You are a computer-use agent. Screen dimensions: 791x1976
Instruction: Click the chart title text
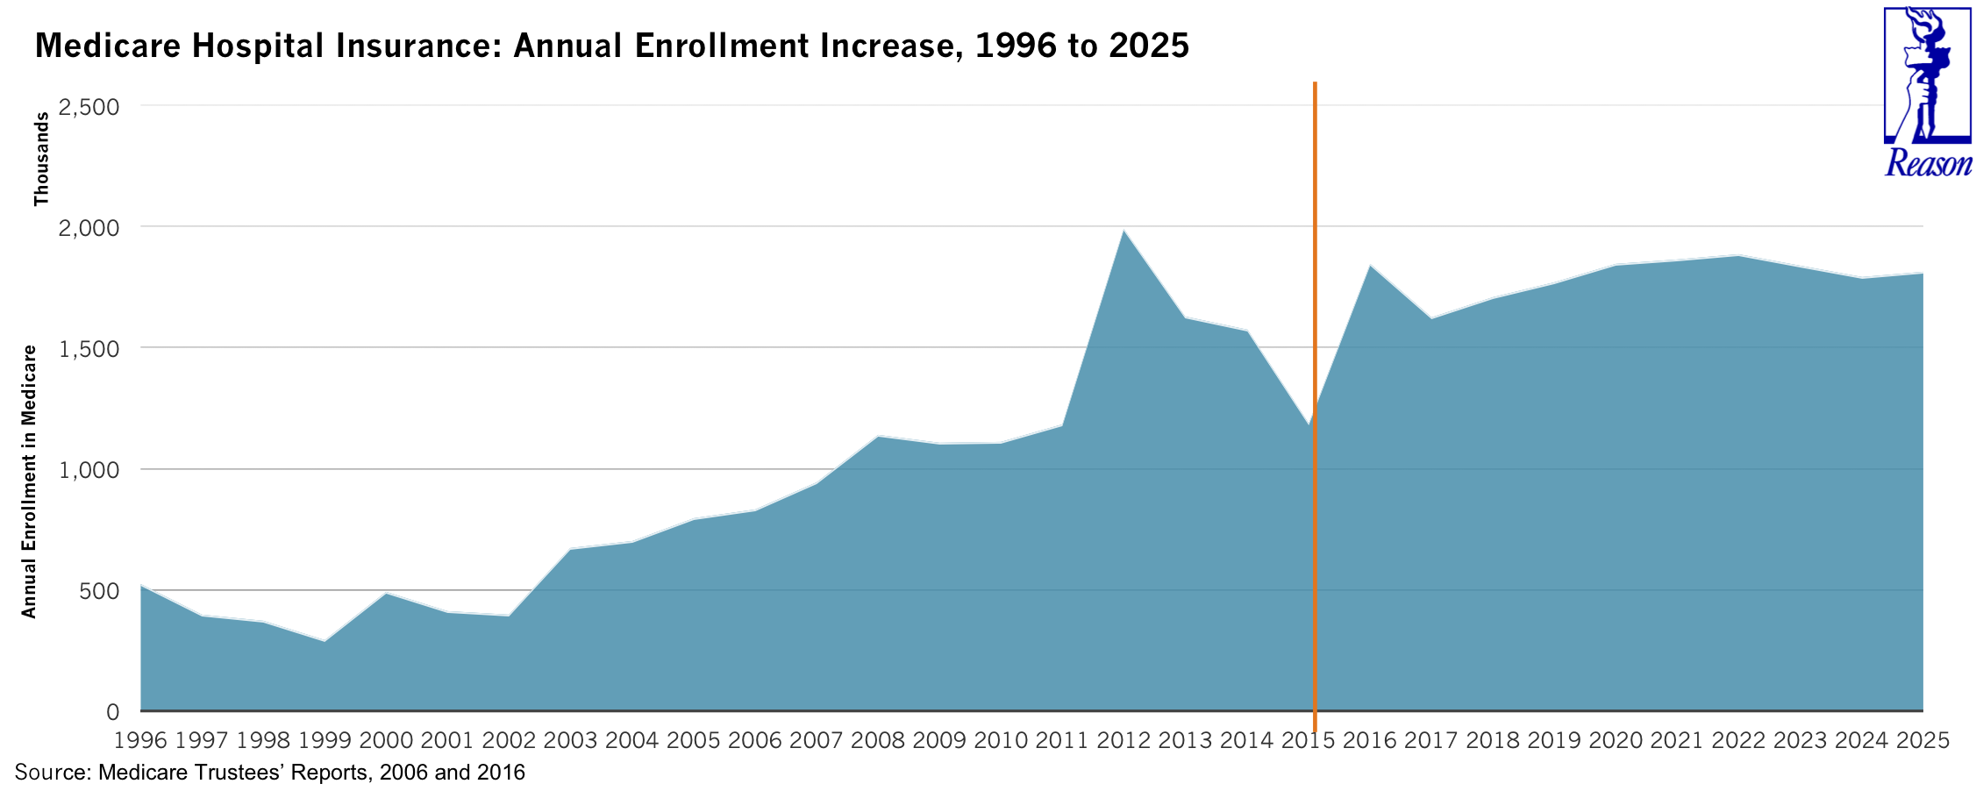(611, 46)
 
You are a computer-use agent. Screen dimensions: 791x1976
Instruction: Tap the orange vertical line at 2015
(1315, 263)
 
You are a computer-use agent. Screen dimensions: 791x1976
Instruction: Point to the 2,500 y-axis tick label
(88, 107)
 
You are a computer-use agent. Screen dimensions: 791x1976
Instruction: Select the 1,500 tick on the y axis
(88, 349)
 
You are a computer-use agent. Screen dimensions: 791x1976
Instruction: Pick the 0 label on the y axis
(112, 712)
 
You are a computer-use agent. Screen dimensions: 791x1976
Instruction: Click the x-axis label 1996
(140, 740)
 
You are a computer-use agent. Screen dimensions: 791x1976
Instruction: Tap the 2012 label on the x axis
(1124, 740)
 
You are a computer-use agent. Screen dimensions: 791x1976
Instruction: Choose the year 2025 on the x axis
(1922, 740)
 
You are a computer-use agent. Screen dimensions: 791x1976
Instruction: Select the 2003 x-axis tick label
(570, 740)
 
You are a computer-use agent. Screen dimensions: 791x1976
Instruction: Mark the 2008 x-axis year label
(877, 740)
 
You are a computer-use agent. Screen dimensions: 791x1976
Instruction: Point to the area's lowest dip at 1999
(325, 641)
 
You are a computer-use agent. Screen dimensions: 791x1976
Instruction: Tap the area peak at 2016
(1370, 266)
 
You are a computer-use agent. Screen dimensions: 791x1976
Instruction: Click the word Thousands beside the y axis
(41, 159)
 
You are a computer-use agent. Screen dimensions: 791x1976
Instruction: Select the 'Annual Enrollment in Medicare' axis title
(29, 481)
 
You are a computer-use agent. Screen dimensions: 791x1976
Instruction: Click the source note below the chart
(270, 773)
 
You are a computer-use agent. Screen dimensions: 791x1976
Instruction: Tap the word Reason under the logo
(1928, 163)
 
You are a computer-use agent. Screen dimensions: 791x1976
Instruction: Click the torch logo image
(1927, 75)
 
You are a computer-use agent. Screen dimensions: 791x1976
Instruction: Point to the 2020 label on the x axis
(1616, 740)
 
